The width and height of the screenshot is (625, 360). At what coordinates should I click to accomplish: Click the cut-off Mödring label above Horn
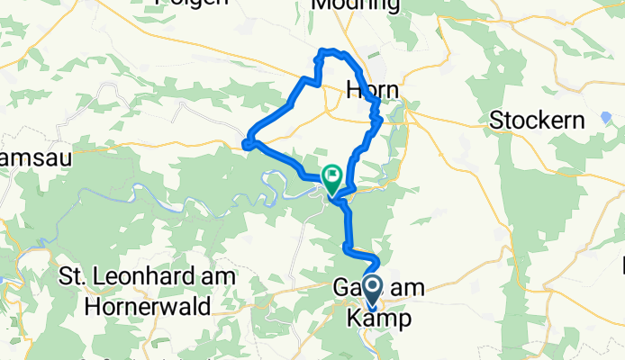click(x=356, y=5)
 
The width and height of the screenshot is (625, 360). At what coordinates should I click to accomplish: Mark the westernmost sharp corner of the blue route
click(x=245, y=141)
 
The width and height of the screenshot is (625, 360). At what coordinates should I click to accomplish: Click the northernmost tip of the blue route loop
click(x=326, y=50)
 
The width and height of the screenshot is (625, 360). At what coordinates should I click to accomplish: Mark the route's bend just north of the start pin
click(x=375, y=261)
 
